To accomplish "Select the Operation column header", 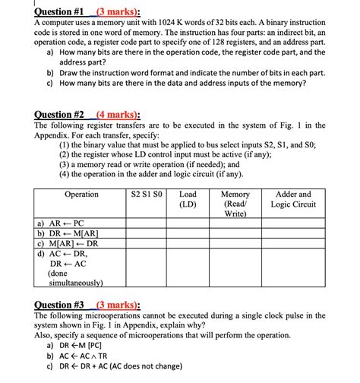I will (x=81, y=195).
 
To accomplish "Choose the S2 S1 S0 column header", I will (x=147, y=195).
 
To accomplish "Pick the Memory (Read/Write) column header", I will (x=235, y=204).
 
